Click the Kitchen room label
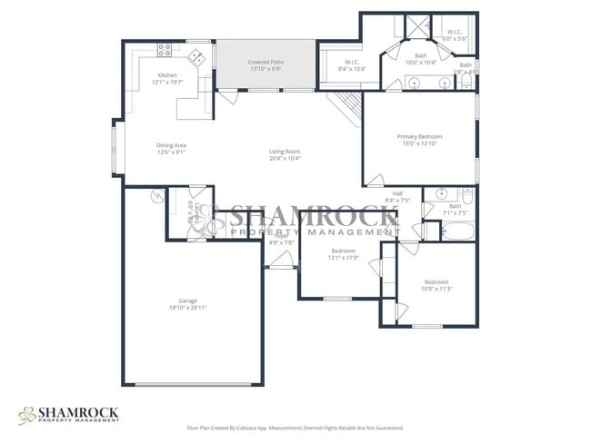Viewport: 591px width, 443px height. [x=167, y=75]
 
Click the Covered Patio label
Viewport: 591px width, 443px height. [x=265, y=63]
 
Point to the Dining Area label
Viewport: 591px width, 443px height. [x=171, y=145]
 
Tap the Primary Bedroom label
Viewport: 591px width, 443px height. [x=418, y=136]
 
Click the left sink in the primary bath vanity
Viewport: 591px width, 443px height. [x=415, y=83]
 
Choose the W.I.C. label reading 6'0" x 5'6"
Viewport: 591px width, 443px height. [x=455, y=39]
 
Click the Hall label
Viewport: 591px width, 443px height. [x=397, y=192]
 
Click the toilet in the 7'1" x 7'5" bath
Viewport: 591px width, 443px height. [x=467, y=195]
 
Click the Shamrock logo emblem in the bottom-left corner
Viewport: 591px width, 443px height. [x=28, y=414]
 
